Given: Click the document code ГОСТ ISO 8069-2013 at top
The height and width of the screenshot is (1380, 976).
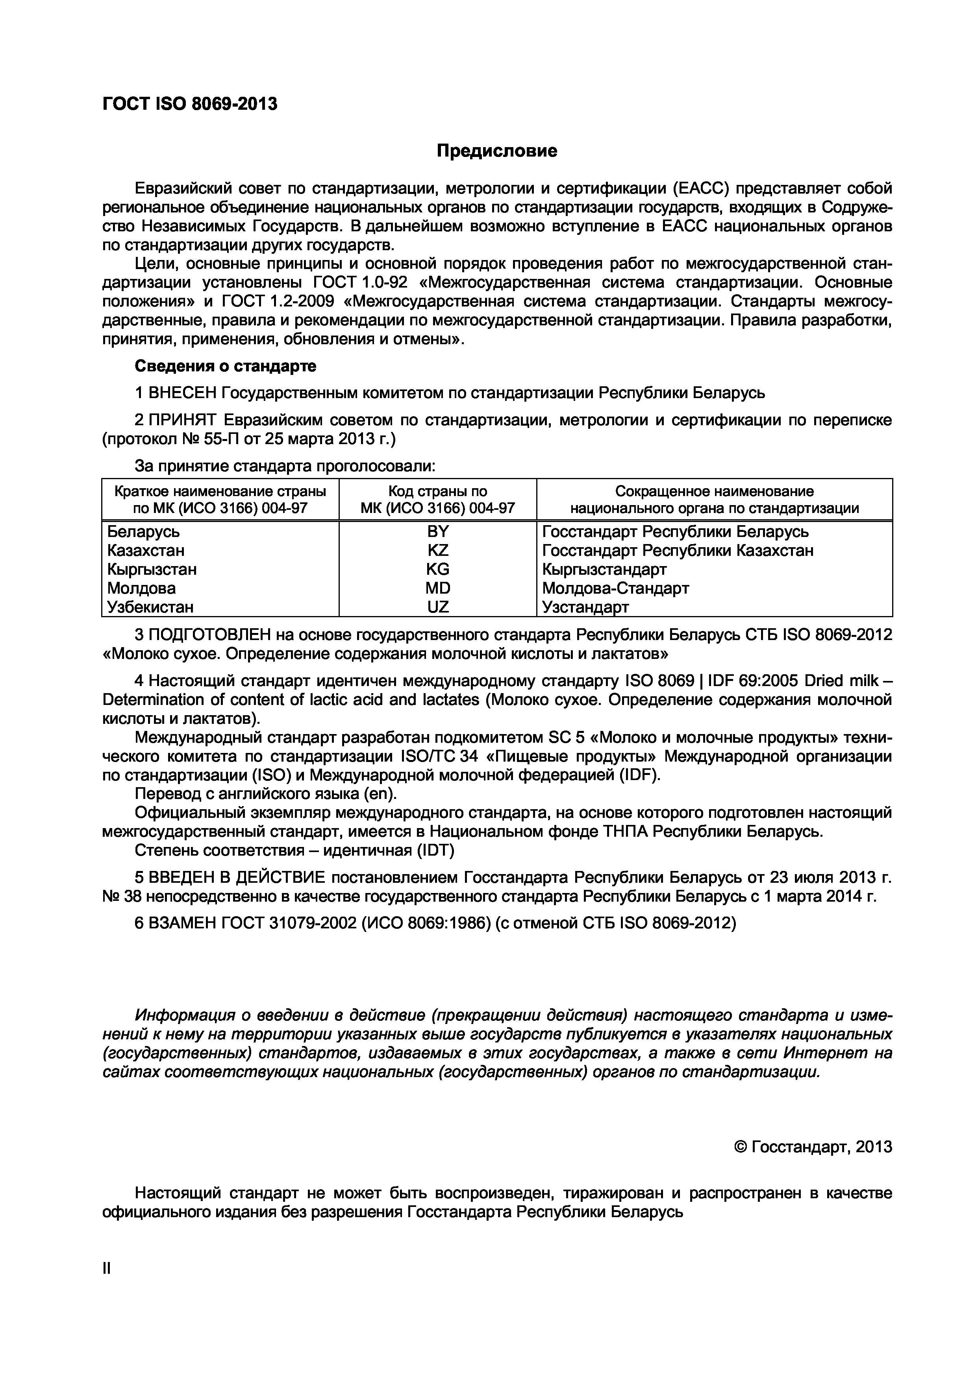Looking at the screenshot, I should (x=190, y=105).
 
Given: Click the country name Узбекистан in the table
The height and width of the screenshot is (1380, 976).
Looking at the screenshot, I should (x=150, y=607).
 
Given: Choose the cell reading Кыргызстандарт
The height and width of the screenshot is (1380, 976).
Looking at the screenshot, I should (x=604, y=569).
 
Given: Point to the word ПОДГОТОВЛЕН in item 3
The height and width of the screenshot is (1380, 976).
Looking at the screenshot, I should (x=211, y=634).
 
